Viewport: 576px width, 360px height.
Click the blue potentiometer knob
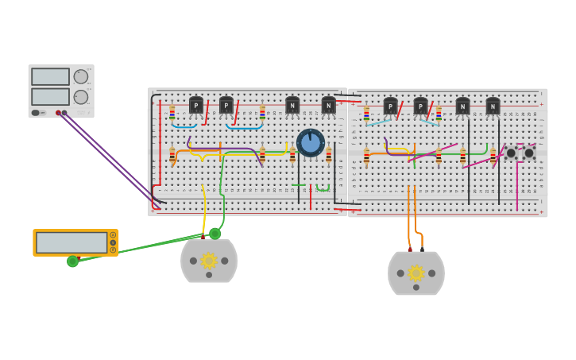pos(311,143)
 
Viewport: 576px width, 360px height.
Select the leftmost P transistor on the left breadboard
pos(196,105)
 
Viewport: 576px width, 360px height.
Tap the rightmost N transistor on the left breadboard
pos(328,105)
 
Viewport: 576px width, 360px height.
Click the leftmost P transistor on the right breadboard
pos(390,106)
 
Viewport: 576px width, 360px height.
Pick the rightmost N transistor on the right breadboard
pos(493,106)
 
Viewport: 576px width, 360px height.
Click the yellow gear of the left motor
pos(209,260)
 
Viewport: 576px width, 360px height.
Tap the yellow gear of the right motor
pos(416,273)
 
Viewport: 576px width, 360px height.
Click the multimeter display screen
pos(72,242)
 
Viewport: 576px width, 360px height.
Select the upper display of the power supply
pos(50,76)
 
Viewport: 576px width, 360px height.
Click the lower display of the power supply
pos(50,96)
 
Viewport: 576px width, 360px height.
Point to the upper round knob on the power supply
pos(80,76)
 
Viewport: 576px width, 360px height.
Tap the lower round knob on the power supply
pos(80,97)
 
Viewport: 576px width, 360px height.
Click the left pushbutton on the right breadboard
pos(511,153)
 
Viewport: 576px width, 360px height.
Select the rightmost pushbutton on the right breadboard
pos(529,153)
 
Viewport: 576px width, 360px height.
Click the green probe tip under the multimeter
pos(73,261)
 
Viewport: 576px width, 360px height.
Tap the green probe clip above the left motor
pos(215,234)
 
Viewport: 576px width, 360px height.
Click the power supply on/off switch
pos(36,113)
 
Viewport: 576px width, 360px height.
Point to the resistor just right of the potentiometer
pos(329,154)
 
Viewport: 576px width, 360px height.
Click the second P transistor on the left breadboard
pos(226,105)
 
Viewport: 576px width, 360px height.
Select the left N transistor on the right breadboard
pos(462,106)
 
